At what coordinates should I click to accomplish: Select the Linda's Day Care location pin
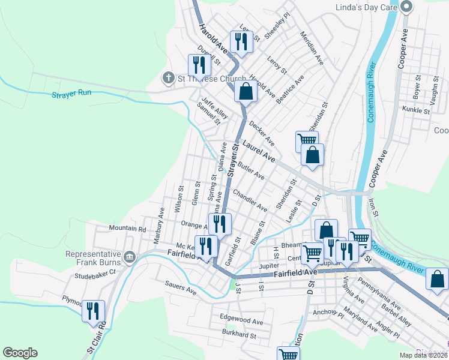[x=406, y=8]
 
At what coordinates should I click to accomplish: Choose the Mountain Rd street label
[x=127, y=229]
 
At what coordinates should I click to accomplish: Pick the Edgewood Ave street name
[x=241, y=317]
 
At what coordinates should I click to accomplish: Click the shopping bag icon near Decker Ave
[x=245, y=92]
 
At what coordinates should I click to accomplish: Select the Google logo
[x=20, y=353]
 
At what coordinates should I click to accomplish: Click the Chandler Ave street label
[x=250, y=201]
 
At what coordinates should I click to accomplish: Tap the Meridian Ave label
[x=312, y=48]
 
